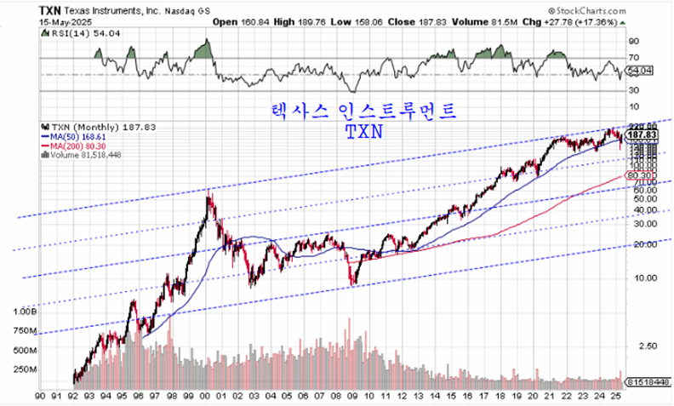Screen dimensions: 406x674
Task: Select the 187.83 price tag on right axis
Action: click(x=644, y=134)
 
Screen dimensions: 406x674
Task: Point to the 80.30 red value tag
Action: click(x=641, y=174)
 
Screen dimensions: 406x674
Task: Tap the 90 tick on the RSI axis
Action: click(x=633, y=40)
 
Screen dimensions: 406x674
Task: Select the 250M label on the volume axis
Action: click(x=26, y=369)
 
